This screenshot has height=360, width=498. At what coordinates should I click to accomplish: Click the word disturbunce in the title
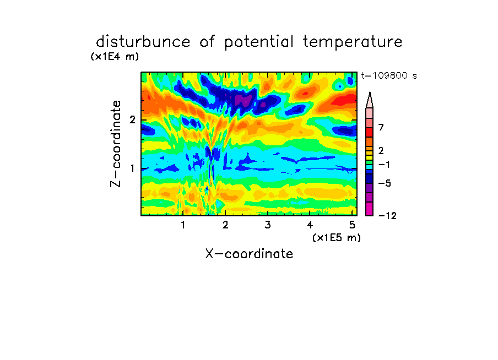coord(143,41)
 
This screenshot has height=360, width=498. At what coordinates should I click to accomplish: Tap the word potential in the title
coord(259,42)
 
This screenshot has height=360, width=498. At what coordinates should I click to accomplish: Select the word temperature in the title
coord(353,42)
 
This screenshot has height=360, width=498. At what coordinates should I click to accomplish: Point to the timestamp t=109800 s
coord(389,75)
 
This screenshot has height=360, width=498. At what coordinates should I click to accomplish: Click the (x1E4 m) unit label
coord(115,57)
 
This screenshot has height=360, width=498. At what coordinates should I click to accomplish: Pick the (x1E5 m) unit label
coord(337,238)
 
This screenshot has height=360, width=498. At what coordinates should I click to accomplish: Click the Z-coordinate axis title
coord(116,144)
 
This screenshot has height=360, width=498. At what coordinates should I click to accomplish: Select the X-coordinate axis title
coord(249,254)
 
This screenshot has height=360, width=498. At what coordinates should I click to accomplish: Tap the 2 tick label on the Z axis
coord(132,120)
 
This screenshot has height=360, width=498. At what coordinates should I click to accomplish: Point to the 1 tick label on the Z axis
coord(132,168)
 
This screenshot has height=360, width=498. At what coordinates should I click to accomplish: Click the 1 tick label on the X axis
coord(183,225)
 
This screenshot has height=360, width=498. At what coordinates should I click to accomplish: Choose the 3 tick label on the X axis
coord(268,225)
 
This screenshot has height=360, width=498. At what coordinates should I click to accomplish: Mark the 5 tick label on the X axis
coord(352,225)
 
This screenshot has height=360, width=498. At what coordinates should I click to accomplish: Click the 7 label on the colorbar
coord(381,128)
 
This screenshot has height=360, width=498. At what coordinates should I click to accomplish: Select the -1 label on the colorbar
coord(385,165)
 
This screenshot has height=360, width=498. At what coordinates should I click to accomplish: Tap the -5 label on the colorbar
coord(385,183)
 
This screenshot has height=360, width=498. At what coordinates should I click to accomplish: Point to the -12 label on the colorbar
coord(387,216)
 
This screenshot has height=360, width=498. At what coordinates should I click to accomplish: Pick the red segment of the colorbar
coord(370,132)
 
